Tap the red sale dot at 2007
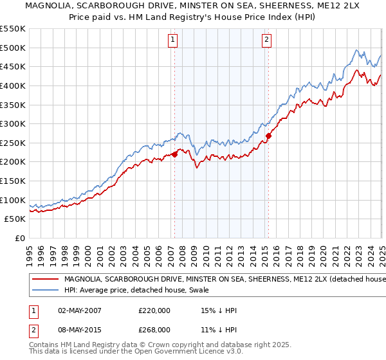tap(174, 154)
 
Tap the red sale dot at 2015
tap(268, 136)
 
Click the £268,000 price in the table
tap(155, 329)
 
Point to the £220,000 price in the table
tap(155, 310)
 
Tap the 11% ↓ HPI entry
tap(219, 329)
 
